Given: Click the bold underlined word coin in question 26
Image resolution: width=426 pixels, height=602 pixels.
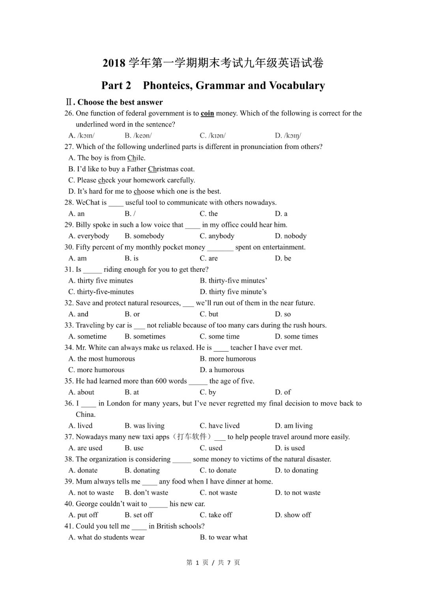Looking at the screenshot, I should click(x=207, y=114).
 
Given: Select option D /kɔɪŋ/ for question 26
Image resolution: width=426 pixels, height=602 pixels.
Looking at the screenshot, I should click(x=288, y=136).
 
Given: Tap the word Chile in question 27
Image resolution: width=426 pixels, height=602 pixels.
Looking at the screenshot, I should click(x=136, y=158).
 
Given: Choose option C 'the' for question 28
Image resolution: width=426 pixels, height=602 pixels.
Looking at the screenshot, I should click(x=209, y=214).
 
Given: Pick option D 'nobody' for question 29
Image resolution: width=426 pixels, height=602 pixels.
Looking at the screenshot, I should click(x=291, y=236).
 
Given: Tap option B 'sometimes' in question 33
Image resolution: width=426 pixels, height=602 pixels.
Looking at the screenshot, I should click(x=145, y=336).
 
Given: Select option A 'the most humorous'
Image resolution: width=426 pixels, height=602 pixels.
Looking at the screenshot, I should click(x=102, y=359).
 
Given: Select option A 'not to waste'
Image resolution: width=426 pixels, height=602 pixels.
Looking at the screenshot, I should click(x=91, y=493).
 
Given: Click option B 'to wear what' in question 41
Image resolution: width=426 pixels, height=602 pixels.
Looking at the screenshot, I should click(x=224, y=537).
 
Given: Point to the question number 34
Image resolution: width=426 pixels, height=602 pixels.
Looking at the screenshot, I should click(x=69, y=348).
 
